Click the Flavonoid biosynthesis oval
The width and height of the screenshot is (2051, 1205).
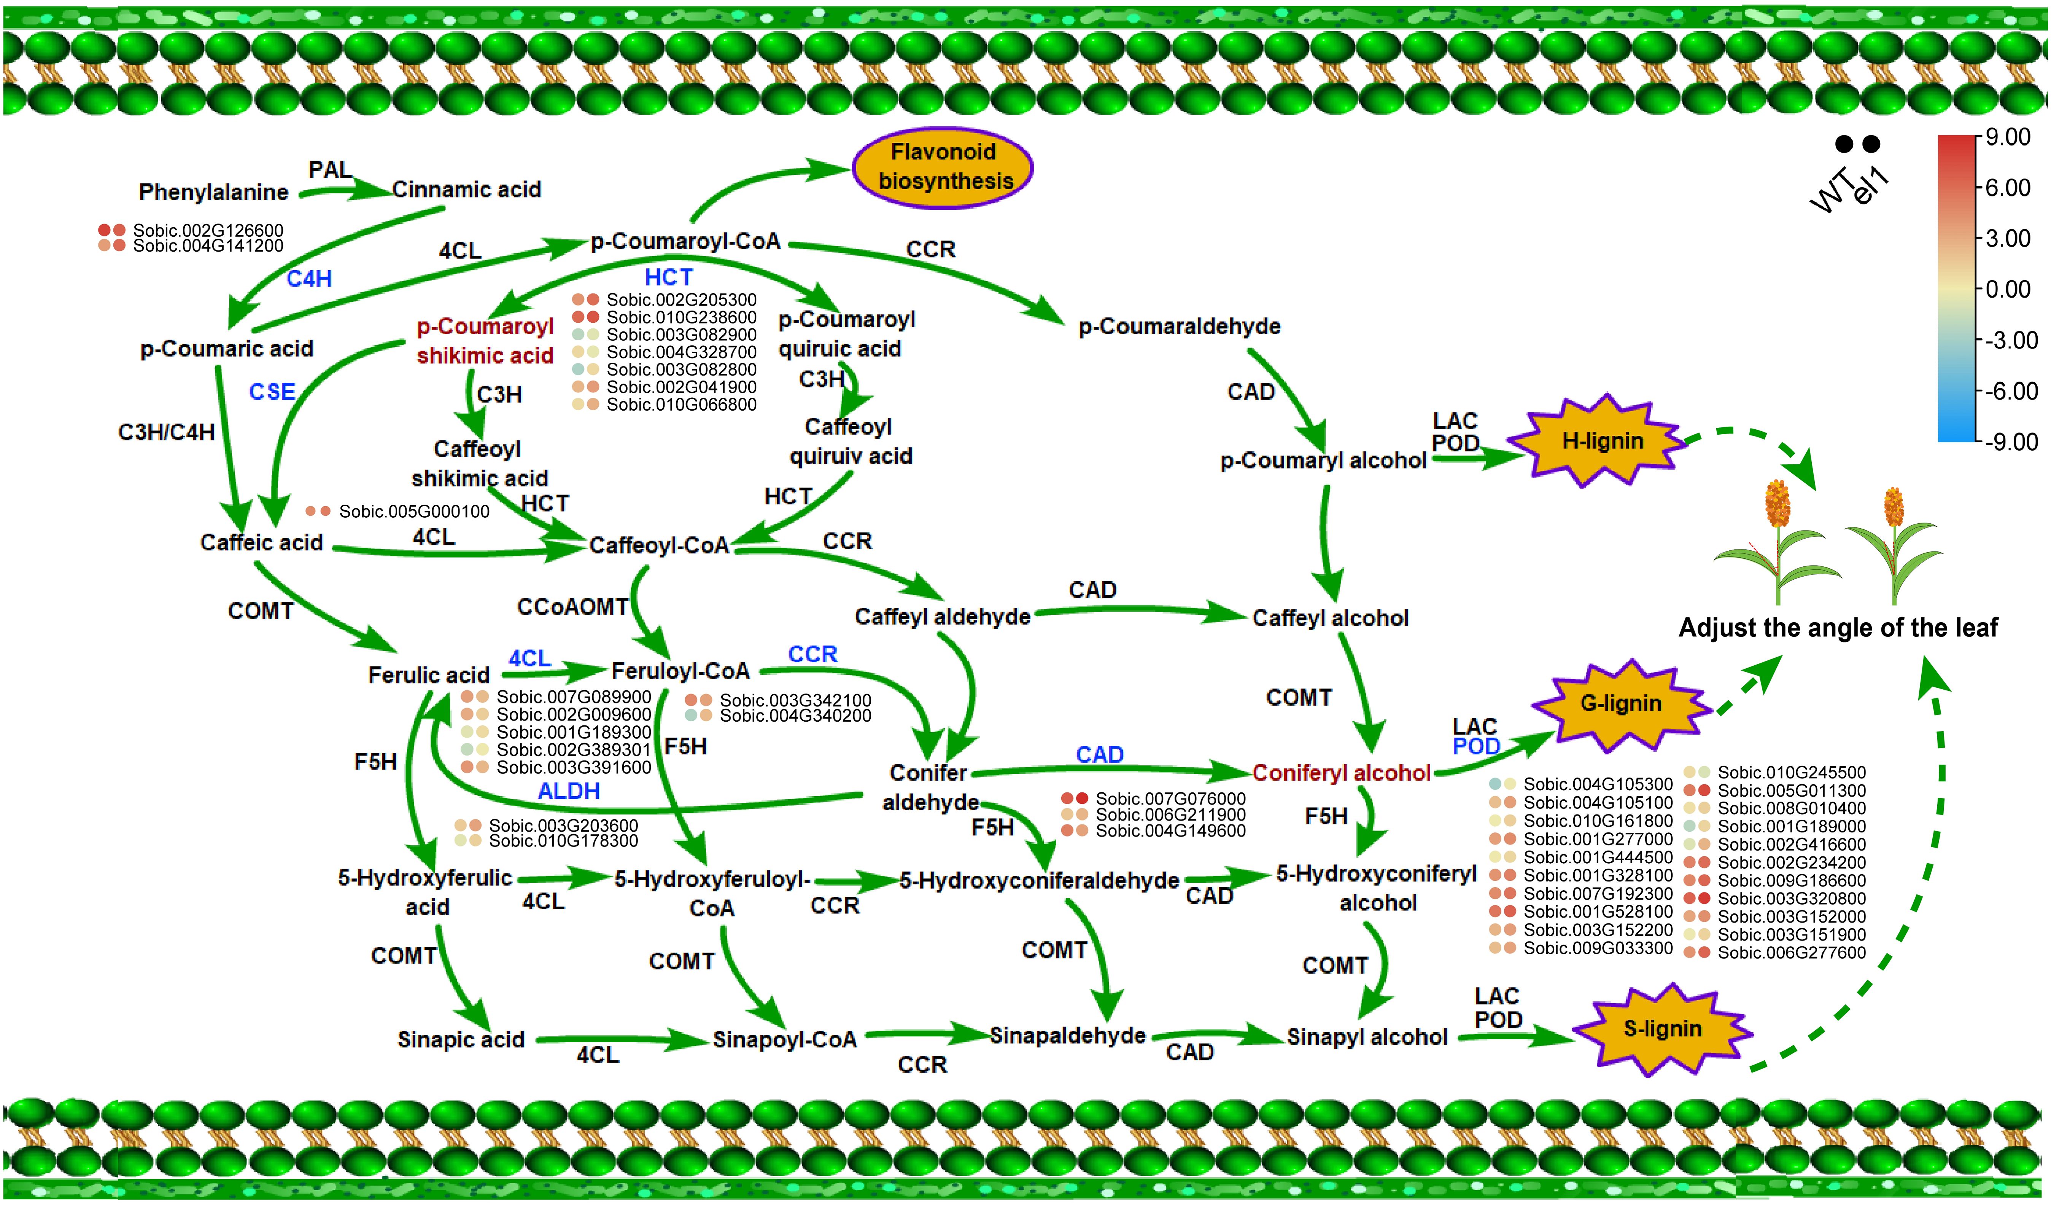click(943, 167)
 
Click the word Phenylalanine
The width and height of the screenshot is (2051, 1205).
click(213, 192)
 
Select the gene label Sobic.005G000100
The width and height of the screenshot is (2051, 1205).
click(413, 511)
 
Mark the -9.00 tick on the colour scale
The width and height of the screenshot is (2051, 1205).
click(2010, 442)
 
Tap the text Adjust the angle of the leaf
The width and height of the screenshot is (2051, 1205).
click(1838, 628)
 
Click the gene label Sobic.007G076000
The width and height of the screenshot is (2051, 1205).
click(1170, 799)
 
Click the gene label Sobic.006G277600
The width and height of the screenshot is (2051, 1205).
click(1790, 953)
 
